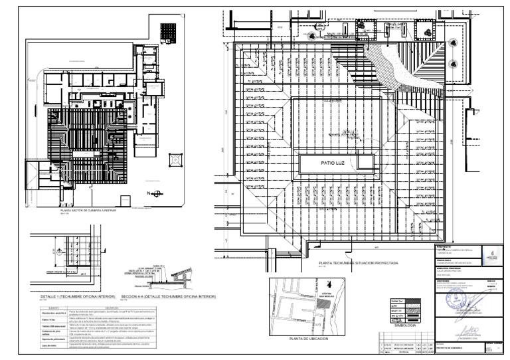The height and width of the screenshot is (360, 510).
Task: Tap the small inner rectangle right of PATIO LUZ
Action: pyautogui.click(x=365, y=161)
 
